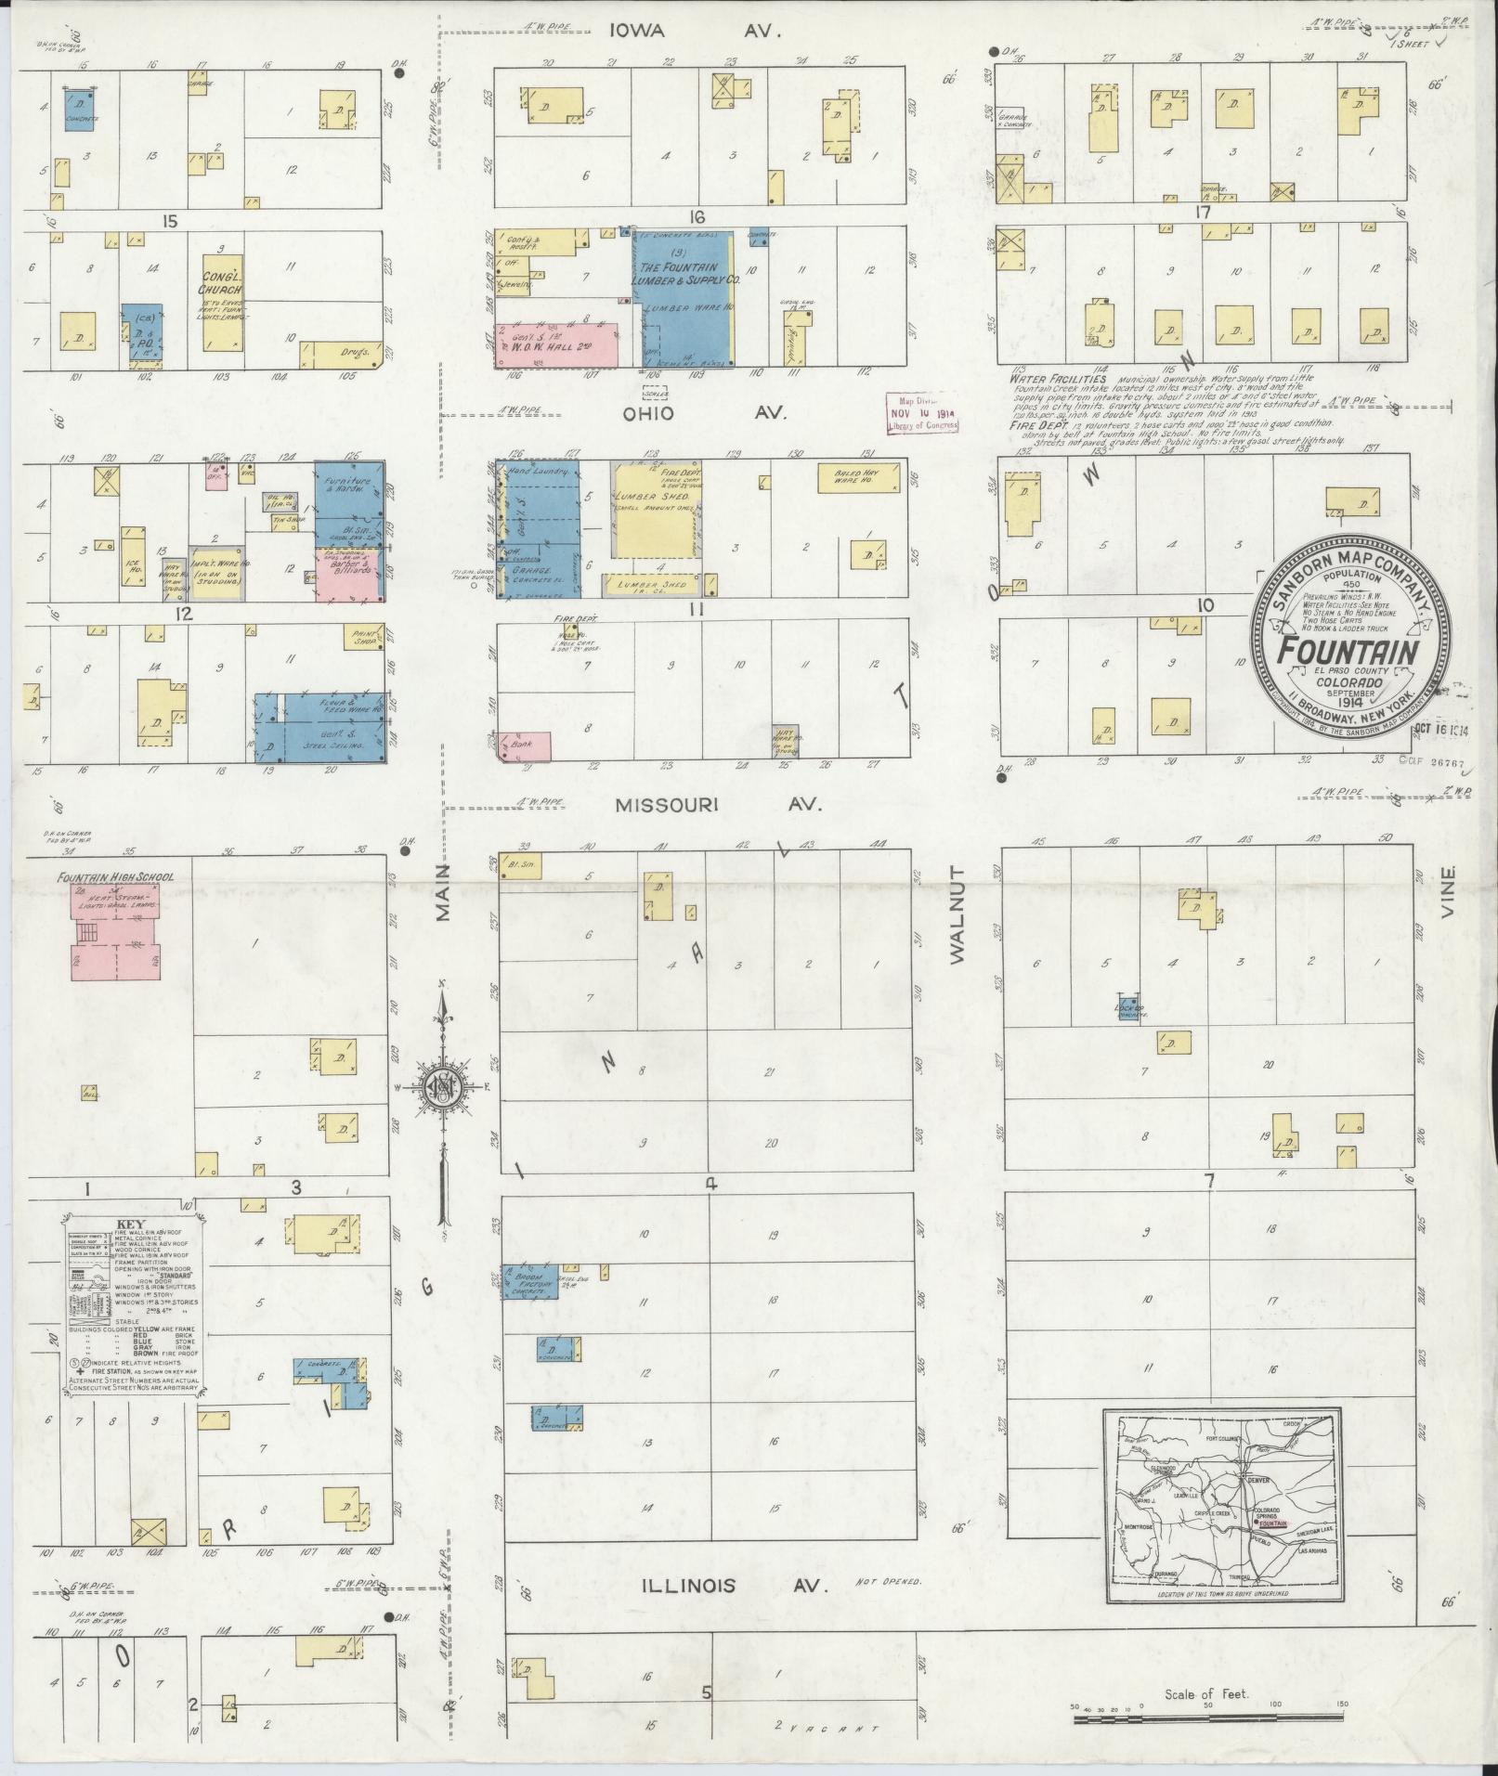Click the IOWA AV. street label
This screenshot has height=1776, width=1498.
[695, 31]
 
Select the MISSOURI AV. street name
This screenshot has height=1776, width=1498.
[719, 806]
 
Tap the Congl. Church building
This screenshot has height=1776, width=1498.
[222, 304]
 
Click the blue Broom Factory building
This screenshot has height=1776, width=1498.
[530, 1280]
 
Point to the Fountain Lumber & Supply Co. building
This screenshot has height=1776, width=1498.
[684, 299]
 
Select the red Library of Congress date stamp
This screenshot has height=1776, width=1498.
[922, 411]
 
